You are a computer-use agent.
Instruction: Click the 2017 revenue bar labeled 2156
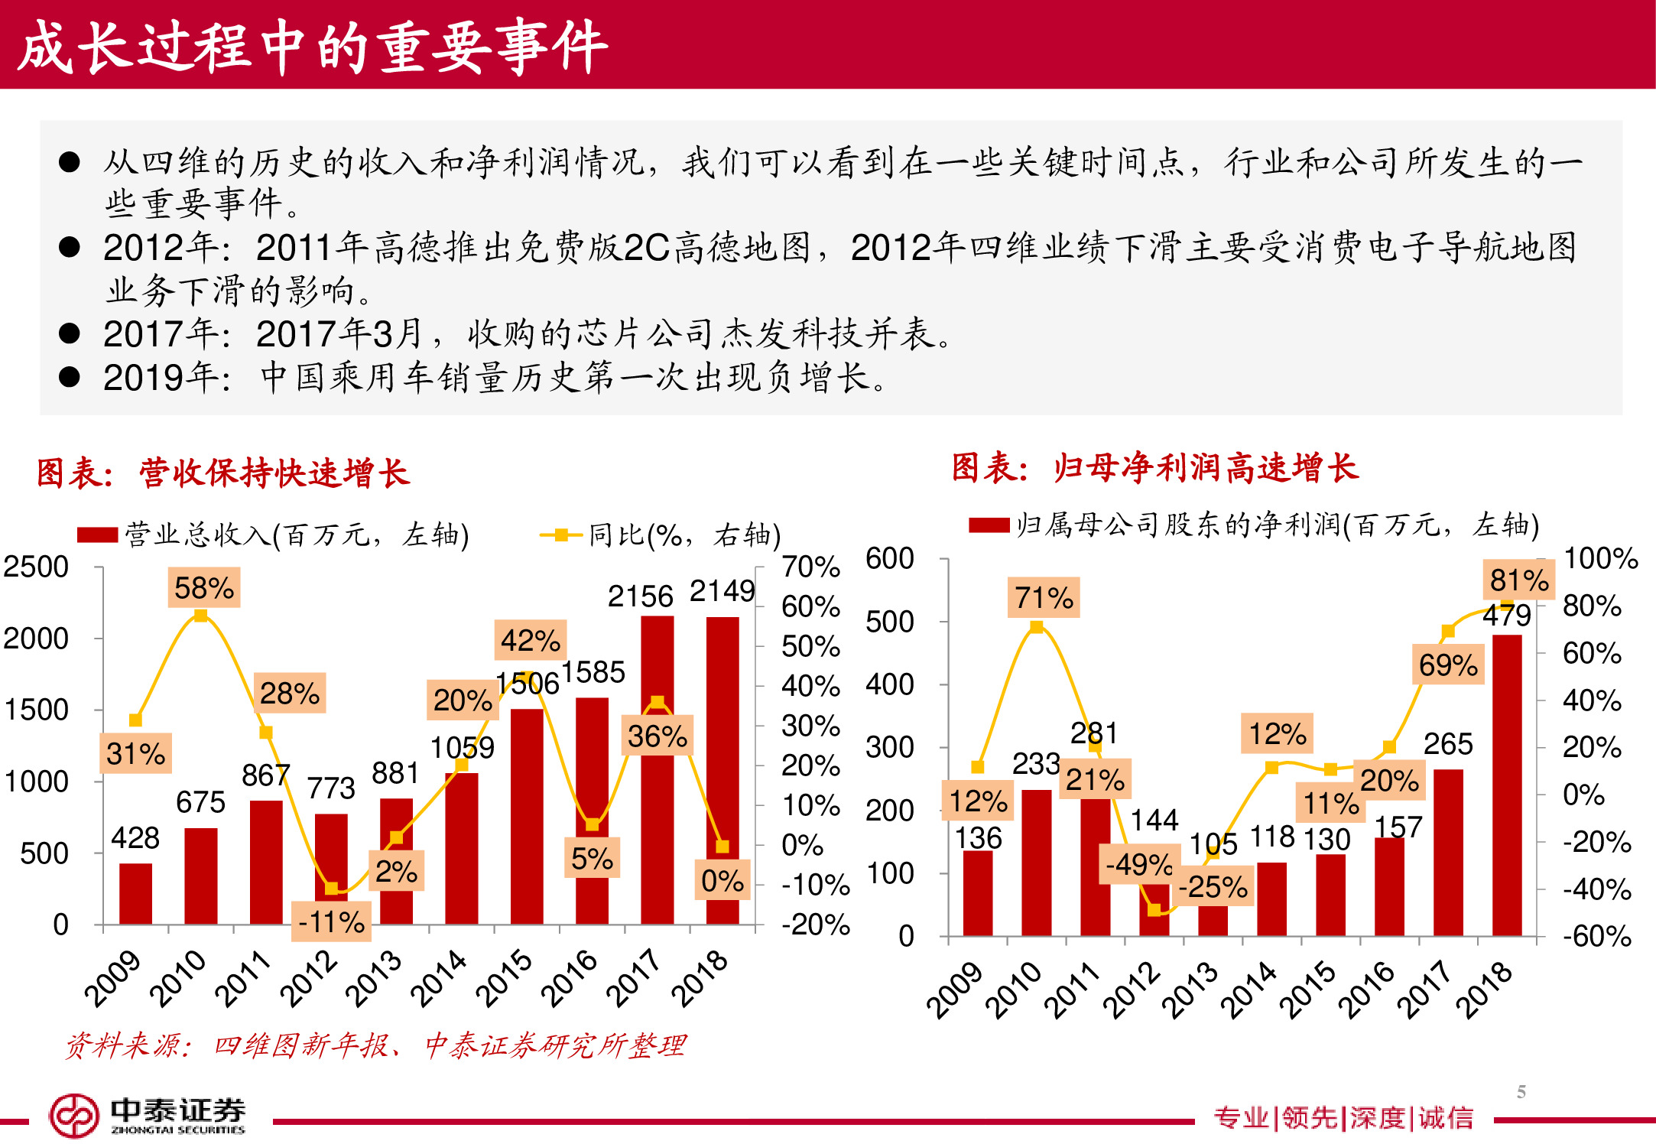657,769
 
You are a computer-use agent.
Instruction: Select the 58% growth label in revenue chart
203,588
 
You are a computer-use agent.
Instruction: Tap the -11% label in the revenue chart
331,921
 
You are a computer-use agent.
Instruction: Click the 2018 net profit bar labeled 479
1506,784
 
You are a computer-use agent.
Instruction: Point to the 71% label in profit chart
1044,597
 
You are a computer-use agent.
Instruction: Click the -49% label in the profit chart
1138,864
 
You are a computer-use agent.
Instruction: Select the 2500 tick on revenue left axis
36,567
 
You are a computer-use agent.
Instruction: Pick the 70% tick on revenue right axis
810,567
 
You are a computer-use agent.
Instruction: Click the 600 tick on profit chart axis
889,558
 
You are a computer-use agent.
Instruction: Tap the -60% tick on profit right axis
1596,936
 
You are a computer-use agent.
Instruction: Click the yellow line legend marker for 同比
561,535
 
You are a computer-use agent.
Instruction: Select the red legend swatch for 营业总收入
97,535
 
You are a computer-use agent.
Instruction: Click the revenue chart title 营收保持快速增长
274,473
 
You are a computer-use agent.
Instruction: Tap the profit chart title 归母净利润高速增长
1205,467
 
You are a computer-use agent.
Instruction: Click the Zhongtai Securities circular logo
73,1116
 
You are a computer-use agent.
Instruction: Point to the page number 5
1521,1091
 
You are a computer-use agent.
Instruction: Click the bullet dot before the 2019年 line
70,377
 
